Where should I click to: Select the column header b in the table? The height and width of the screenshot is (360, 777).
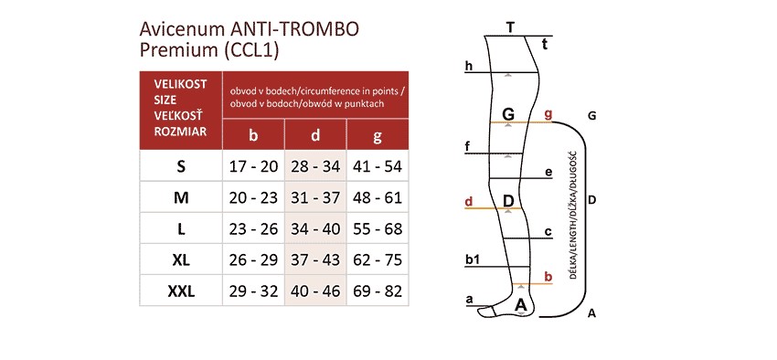coord(253,136)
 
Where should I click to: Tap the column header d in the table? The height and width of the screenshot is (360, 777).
coord(315,136)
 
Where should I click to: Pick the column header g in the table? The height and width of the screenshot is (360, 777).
coord(378,136)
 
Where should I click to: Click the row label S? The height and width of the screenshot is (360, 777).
coord(180,166)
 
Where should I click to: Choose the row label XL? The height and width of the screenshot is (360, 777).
coord(180,259)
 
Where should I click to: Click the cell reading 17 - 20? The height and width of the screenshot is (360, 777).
coord(253,166)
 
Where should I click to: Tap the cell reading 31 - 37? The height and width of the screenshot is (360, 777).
coord(315,197)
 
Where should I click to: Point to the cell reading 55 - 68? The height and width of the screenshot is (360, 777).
coord(378,228)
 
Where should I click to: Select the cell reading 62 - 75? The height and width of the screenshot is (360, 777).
coord(378,259)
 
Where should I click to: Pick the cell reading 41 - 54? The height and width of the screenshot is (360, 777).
coord(378,166)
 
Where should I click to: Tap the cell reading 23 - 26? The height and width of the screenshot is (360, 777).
coord(253,228)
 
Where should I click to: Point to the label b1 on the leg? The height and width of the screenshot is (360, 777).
coord(473,260)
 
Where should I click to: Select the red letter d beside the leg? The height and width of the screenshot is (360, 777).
coord(468,201)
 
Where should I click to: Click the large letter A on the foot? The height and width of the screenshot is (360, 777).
coord(521,302)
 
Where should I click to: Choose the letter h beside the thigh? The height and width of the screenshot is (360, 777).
coord(468,66)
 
